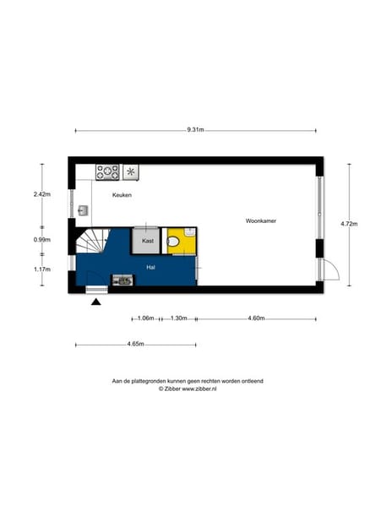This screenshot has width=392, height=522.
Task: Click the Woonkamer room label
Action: pos(261,220)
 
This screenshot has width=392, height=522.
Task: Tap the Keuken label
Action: pos(122,195)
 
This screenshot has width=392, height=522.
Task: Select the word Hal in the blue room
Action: pos(150,267)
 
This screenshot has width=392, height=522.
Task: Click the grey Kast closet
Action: pos(147,241)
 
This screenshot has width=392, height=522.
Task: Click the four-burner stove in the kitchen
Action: pos(107,171)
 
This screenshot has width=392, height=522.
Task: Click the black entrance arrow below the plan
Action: pos(96,302)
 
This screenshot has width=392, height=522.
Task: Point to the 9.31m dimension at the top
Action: pos(196,130)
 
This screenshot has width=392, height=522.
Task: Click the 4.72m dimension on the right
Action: pos(349,224)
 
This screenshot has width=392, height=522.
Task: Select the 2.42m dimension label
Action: pos(41,195)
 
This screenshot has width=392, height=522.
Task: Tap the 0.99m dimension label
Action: pos(41,240)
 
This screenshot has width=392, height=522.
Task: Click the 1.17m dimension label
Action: pos(41,269)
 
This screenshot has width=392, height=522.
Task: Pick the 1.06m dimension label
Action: pos(145,318)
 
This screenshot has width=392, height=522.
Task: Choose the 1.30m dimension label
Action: pos(178,318)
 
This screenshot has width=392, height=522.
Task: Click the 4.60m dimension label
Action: pos(257,318)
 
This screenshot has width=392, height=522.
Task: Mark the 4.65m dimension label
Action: pos(135,345)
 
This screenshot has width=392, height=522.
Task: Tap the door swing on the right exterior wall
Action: pos(330,270)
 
